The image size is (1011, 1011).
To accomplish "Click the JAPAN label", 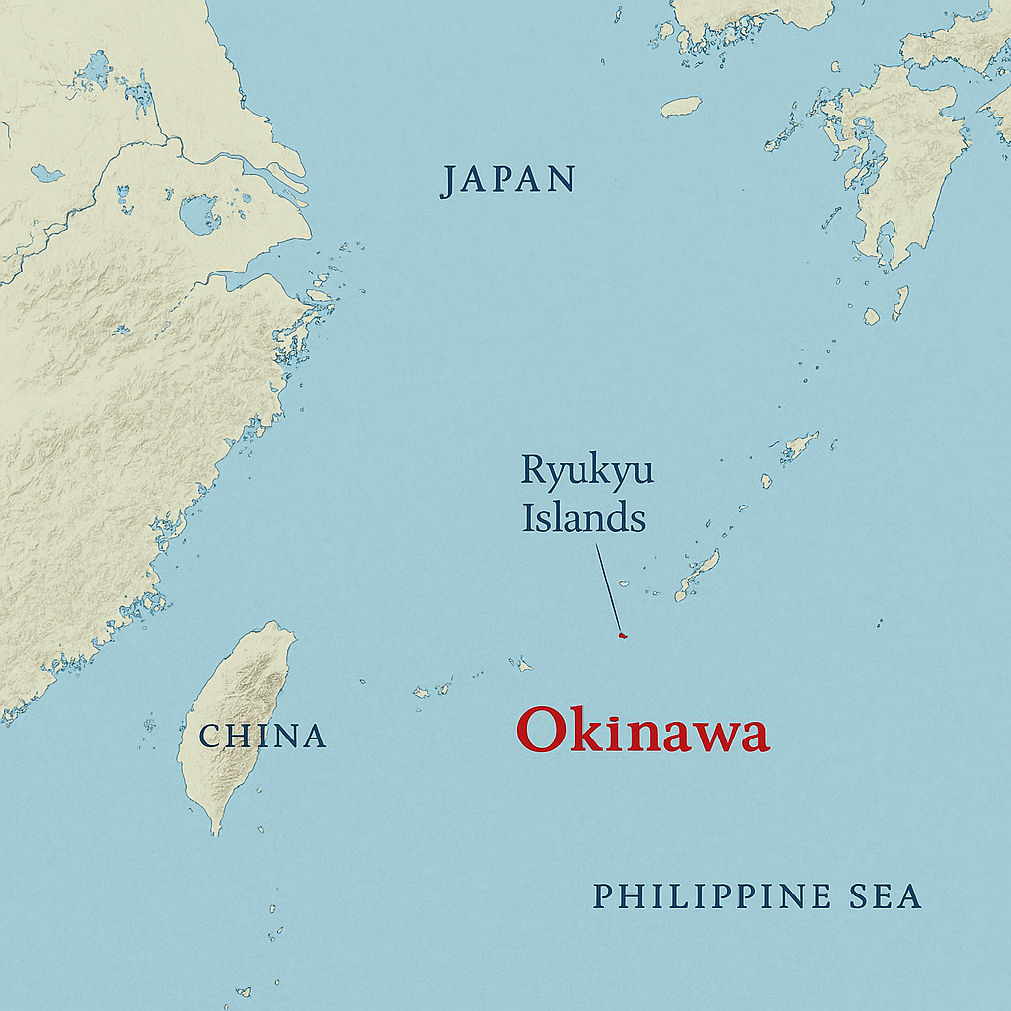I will (507, 180).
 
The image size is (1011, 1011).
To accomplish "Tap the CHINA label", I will (263, 736).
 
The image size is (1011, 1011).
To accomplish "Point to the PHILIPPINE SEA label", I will (756, 896).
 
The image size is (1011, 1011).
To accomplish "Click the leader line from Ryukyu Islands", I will (609, 588).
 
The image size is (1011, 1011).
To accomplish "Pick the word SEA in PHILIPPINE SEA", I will (885, 896).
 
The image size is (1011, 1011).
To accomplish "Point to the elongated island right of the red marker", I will (698, 576).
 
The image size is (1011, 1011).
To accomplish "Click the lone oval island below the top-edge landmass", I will (681, 107).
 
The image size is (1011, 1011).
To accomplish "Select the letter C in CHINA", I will (209, 737).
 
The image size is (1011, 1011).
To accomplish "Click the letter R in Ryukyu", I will (533, 472).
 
